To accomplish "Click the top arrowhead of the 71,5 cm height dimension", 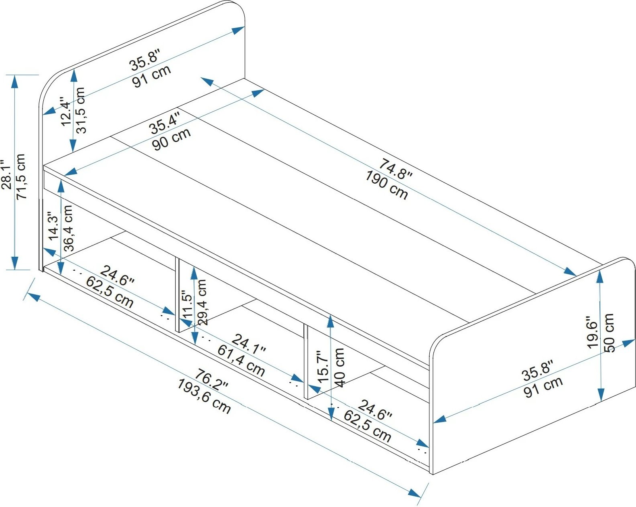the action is (14, 76).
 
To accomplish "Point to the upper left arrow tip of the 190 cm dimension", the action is (201, 78).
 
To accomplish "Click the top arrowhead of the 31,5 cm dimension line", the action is (74, 70).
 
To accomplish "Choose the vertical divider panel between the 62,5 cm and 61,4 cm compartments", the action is (177, 294).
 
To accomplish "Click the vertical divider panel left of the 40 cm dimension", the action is (306, 362).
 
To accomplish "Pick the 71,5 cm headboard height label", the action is (21, 176).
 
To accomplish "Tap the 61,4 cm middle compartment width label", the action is (241, 361).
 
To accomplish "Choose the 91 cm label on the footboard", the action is (543, 387).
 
